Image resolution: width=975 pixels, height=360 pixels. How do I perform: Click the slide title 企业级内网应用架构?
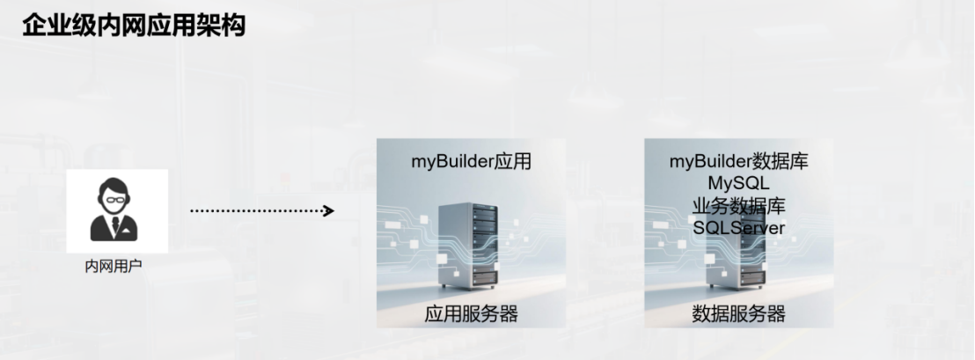[x=133, y=26]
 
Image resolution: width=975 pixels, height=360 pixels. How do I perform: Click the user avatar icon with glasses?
[x=114, y=209]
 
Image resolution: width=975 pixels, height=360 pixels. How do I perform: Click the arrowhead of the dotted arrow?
[x=328, y=210]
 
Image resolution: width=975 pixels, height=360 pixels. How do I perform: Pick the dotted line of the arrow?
[x=255, y=210]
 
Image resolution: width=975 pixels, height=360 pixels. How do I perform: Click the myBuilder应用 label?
[x=472, y=162]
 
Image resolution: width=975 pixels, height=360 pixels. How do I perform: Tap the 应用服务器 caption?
[x=472, y=314]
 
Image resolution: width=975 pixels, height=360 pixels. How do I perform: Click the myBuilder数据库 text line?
[x=738, y=162]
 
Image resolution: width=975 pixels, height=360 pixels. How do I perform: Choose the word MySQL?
[x=738, y=184]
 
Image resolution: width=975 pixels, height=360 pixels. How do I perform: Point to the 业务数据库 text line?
[x=738, y=206]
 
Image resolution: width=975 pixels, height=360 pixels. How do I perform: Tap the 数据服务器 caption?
[x=738, y=314]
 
